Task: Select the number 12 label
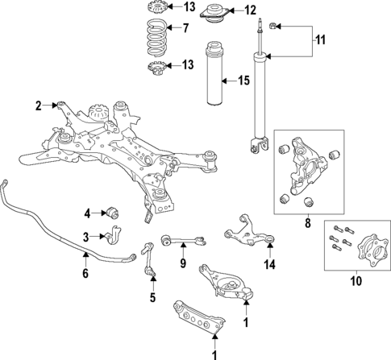250,10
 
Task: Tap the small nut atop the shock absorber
276,27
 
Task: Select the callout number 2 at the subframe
38,105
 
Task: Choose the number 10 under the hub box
356,281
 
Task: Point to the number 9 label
182,263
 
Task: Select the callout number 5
150,297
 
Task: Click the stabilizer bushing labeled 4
114,213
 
